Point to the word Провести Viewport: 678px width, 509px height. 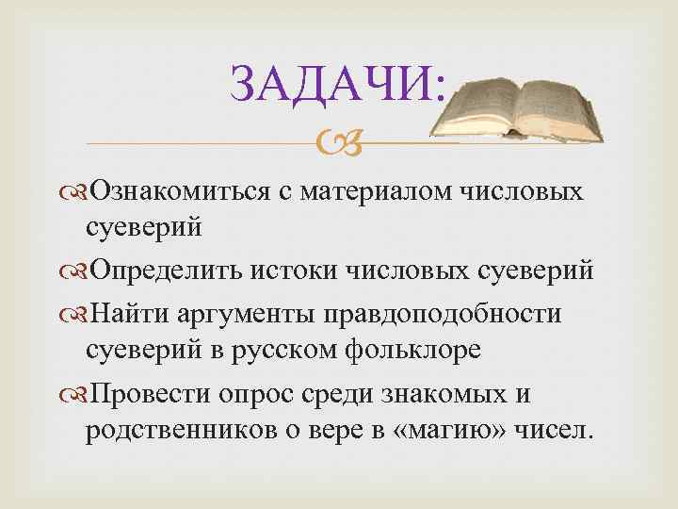point(147,389)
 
